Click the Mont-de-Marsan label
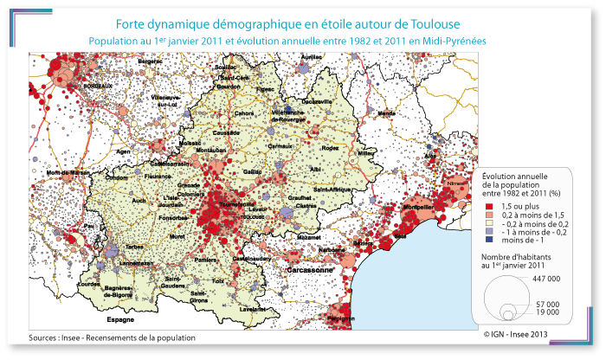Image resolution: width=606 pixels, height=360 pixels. [x=68, y=172]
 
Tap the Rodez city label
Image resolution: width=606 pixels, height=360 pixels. [x=331, y=148]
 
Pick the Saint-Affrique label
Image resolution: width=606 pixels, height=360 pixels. [x=332, y=190]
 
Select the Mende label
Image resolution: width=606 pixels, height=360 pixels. [x=386, y=113]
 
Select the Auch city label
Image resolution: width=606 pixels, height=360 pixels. [x=138, y=200]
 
